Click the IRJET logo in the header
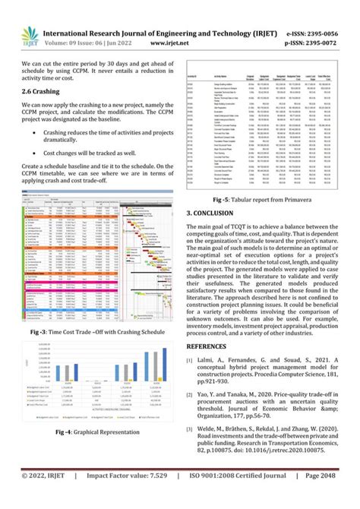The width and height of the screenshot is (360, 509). [x=29, y=27]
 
